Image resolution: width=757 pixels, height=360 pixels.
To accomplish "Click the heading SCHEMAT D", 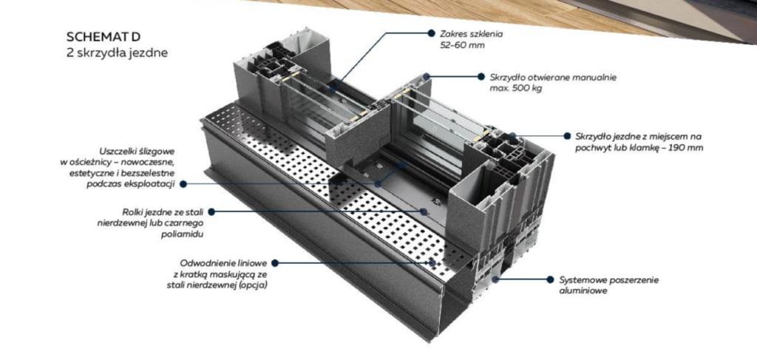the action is (x=103, y=37).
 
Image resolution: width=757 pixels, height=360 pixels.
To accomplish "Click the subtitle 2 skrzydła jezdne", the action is (x=118, y=53).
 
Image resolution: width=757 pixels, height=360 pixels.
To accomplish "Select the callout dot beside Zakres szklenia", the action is (x=431, y=33).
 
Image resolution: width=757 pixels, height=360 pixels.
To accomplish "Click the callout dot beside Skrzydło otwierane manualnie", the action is (x=481, y=76).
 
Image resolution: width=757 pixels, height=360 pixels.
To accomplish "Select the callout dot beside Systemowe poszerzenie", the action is (x=550, y=279).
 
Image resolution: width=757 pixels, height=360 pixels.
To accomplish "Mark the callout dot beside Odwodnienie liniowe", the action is (x=275, y=263).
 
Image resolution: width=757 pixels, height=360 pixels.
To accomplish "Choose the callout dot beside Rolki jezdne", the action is (x=211, y=212).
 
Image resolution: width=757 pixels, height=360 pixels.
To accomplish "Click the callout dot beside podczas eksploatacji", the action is (x=183, y=184).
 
